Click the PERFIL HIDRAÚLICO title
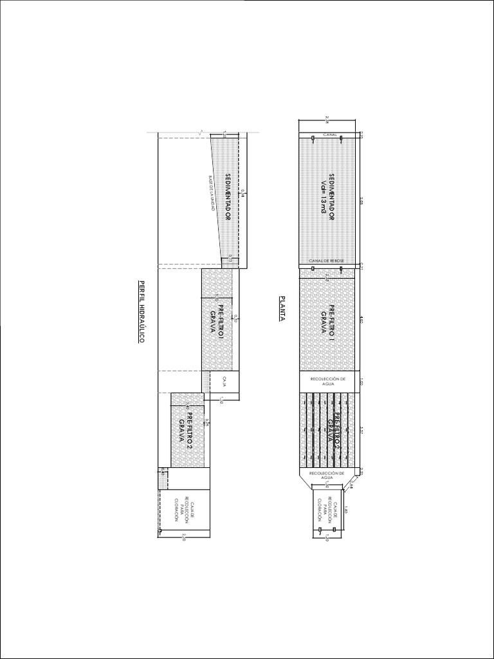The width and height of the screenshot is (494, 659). [142, 311]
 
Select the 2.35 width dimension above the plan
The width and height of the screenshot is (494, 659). [327, 118]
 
